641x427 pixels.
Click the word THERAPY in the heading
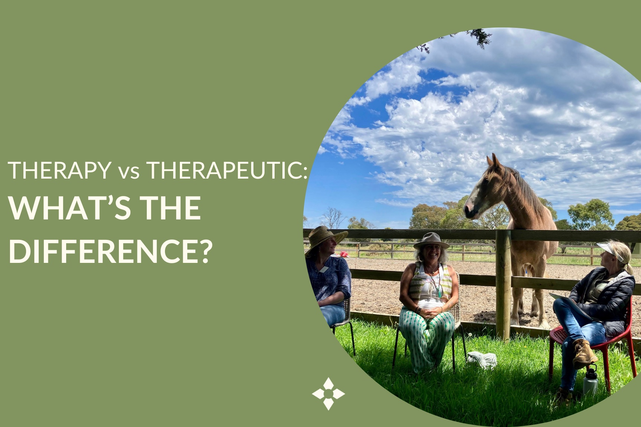click(x=59, y=170)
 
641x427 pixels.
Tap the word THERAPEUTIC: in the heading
click(x=227, y=170)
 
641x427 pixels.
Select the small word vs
click(x=129, y=172)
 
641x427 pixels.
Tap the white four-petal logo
click(x=328, y=394)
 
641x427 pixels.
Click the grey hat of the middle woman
click(x=431, y=241)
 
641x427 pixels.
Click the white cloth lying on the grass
click(x=482, y=359)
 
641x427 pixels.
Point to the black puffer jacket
click(x=609, y=297)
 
